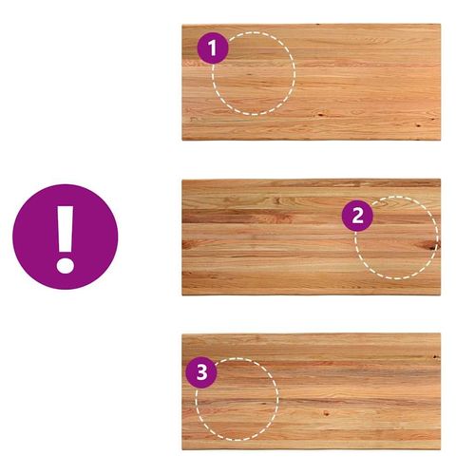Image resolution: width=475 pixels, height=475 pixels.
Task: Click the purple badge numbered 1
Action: [x=213, y=48]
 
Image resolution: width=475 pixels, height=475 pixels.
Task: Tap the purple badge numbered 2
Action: [x=357, y=216]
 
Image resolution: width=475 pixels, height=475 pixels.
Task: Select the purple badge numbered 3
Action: [x=201, y=372]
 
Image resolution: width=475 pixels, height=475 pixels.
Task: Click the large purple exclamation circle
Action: [x=66, y=237]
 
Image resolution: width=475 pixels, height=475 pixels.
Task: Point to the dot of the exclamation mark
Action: [x=66, y=265]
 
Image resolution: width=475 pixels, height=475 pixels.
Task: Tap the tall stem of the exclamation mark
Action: [x=66, y=228]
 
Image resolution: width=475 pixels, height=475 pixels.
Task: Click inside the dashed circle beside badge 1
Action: [x=254, y=73]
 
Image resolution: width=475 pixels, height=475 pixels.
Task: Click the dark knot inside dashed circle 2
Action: [x=427, y=245]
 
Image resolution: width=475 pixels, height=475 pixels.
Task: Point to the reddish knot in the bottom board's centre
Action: [x=326, y=412]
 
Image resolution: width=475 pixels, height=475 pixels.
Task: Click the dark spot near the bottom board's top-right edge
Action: [x=436, y=357]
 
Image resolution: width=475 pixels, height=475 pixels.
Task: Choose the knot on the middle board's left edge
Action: [x=187, y=243]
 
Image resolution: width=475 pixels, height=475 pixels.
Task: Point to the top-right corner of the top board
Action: [x=440, y=25]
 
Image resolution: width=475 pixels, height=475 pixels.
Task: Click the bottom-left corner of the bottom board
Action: [x=182, y=449]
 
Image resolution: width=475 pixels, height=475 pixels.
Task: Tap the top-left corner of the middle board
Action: [x=182, y=180]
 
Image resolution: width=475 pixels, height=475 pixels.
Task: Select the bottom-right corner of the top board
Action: [x=440, y=140]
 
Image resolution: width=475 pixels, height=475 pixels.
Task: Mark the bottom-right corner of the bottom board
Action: [x=440, y=449]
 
